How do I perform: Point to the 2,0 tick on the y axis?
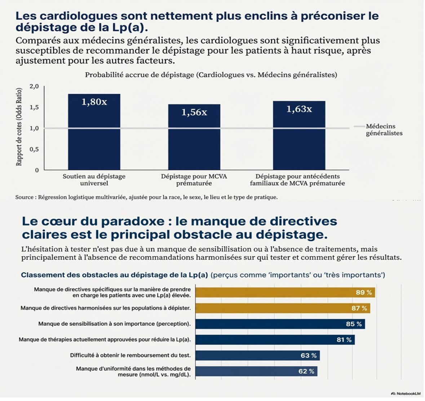[34, 86]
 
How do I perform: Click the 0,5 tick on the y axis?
[34, 149]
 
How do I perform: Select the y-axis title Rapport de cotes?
[19, 127]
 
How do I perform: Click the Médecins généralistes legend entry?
[384, 130]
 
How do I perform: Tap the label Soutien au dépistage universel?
[94, 180]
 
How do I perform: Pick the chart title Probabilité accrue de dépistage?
[211, 75]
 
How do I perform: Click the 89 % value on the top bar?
[364, 293]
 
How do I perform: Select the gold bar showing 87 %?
[283, 308]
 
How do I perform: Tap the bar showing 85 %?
[280, 324]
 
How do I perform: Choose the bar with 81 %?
[275, 340]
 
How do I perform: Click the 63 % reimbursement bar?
[257, 356]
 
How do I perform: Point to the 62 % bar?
[256, 371]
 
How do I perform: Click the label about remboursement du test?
[130, 355]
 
